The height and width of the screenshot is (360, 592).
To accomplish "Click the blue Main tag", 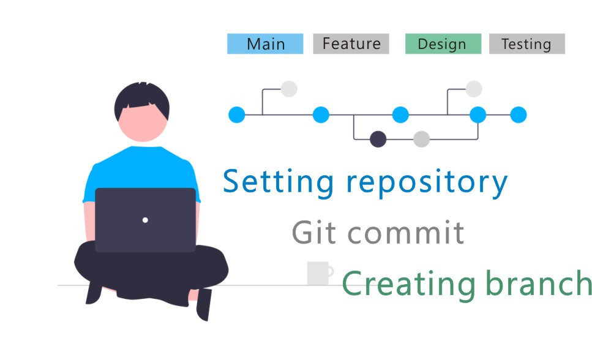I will pos(265,44).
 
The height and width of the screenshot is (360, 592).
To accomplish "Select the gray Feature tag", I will pos(351,44).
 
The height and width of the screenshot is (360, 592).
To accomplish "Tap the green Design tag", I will pos(443,44).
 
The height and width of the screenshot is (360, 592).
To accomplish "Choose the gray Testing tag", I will pos(526,44).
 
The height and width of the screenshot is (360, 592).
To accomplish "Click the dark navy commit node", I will pos(378,139).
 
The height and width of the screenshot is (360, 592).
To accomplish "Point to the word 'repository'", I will pos(426,182).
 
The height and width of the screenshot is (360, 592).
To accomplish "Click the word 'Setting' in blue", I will pos(279,182).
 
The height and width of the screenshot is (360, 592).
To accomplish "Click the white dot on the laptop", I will pos(145,220).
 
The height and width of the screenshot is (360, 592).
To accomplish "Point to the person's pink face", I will pos(142,122).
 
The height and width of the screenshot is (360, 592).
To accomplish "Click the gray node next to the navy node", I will pos(421,139).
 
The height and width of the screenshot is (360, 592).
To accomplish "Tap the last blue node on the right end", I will pos(518,114).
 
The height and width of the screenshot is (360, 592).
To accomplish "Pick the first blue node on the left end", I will pos(237,114).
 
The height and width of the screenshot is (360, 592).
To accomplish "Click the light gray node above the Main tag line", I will pos(289,89).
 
